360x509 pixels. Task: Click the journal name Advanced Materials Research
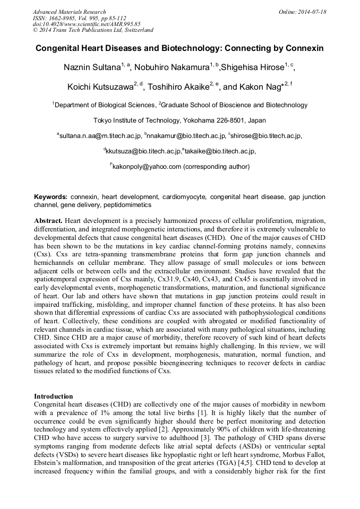[x=69, y=12]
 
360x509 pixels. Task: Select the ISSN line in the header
[x=79, y=18]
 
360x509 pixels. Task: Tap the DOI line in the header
[x=87, y=24]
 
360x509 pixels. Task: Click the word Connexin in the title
[x=305, y=48]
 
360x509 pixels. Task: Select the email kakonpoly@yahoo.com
[x=147, y=167]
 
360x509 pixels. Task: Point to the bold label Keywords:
[x=50, y=196]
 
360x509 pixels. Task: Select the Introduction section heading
[x=54, y=396]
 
